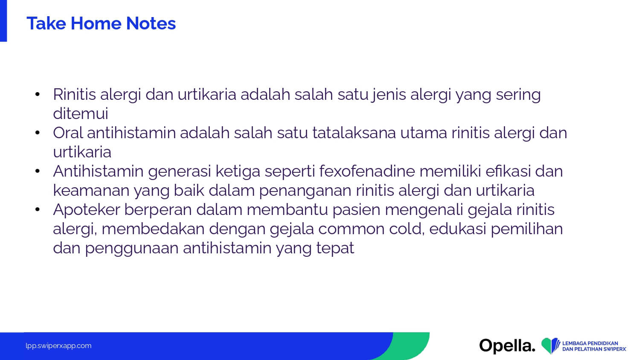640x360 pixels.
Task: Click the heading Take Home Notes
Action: (101, 23)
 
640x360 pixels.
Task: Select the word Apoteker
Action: (87, 210)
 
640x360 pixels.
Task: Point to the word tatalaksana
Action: (354, 133)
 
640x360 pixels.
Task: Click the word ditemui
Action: (81, 113)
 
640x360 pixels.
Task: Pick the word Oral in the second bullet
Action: (68, 133)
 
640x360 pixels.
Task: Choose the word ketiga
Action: (238, 172)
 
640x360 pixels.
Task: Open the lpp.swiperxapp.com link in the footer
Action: (58, 346)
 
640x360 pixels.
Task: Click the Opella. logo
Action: (507, 346)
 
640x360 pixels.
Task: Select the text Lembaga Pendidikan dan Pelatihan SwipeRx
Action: (594, 346)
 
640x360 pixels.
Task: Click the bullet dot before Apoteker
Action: (38, 209)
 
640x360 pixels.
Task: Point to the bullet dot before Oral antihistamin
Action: (38, 133)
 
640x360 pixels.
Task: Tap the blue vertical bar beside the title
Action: (3, 21)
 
